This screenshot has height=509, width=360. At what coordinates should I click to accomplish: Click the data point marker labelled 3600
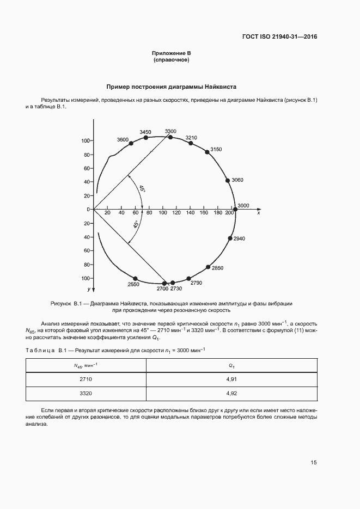pos(131,143)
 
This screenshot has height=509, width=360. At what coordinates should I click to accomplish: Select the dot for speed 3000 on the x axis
pos(235,209)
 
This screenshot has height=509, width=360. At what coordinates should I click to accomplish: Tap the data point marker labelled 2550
pos(136,278)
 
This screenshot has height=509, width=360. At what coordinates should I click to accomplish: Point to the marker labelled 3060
pos(228,181)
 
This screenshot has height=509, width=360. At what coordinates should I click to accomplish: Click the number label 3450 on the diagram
pos(145,132)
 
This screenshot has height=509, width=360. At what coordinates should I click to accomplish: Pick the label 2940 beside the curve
pos(240,238)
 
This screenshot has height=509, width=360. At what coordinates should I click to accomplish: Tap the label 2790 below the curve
pos(196,283)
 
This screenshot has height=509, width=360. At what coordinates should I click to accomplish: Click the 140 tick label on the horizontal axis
pos(190,213)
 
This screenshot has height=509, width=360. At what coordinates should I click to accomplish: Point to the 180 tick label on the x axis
pos(218,213)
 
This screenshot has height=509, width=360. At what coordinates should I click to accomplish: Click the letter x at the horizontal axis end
pos(258,213)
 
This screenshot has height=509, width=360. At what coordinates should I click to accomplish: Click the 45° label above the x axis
pos(142,189)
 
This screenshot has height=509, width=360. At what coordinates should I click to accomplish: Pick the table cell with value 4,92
pos(232,393)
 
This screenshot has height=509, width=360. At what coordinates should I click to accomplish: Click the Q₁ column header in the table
pos(232,366)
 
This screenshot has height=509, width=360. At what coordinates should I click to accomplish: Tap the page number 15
pos(314,463)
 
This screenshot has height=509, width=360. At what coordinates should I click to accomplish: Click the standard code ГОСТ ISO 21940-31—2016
pos(279,37)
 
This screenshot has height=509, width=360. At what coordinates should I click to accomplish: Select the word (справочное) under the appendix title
pos(171,60)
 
